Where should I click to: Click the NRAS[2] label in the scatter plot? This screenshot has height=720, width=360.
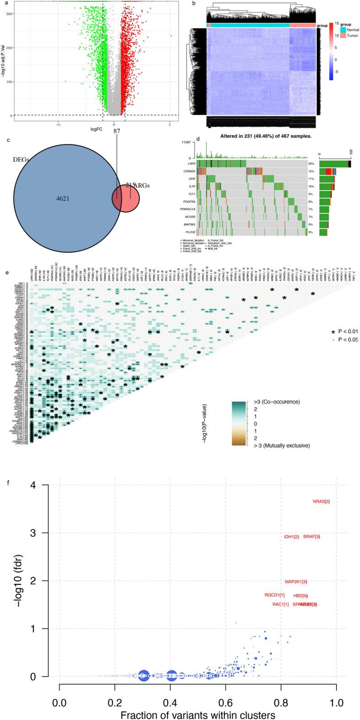tap(321, 502)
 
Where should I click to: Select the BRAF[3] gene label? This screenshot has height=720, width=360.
tap(311, 536)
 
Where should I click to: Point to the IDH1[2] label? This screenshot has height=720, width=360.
tap(291, 536)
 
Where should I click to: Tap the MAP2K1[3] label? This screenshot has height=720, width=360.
tap(296, 582)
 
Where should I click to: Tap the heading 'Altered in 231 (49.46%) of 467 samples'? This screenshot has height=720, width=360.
tap(253, 136)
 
